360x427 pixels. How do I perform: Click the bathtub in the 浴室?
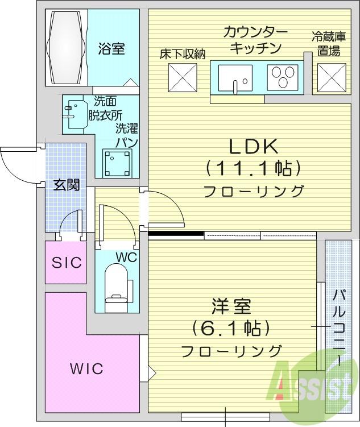(67, 47)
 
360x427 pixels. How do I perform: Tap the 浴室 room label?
(111, 49)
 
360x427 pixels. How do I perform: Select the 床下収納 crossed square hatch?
(183, 78)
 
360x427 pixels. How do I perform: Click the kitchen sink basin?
(235, 78)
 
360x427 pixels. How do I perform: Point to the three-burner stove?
(283, 77)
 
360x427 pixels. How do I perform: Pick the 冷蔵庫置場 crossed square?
(332, 78)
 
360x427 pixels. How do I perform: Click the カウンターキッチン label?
(255, 40)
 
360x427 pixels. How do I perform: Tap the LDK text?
(253, 147)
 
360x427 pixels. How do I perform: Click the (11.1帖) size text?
(253, 168)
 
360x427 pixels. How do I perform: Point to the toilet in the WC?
(116, 287)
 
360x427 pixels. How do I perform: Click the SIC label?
(67, 262)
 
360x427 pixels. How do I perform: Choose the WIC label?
(86, 369)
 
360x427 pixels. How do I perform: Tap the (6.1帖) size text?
(231, 327)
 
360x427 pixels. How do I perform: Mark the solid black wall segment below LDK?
(176, 233)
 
